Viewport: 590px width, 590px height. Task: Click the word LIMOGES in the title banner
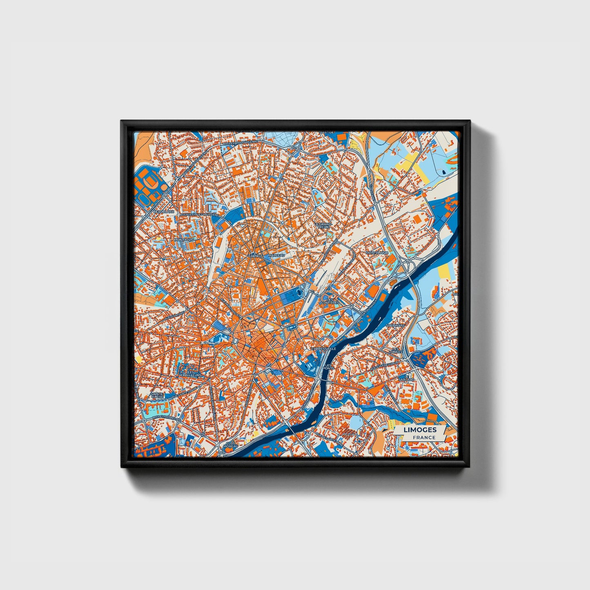click(420, 430)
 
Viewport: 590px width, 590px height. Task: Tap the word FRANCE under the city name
click(423, 437)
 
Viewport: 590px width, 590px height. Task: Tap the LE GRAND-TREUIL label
click(323, 225)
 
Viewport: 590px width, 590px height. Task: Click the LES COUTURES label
click(330, 301)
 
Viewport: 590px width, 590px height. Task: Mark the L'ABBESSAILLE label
click(323, 349)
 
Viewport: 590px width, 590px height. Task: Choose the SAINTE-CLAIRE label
click(158, 395)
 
